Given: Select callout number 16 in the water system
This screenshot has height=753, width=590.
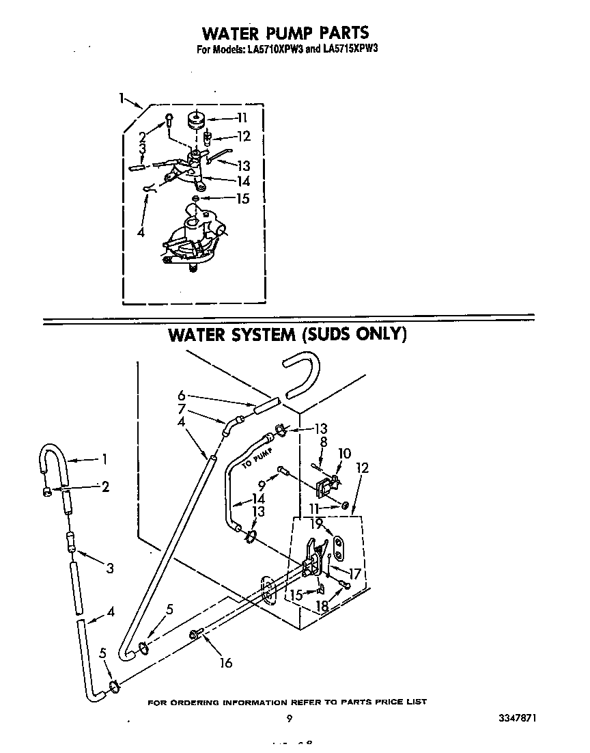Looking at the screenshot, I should tap(226, 662).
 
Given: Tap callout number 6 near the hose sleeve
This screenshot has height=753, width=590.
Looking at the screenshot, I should tap(182, 395).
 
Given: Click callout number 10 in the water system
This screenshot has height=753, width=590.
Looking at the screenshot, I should tap(344, 453).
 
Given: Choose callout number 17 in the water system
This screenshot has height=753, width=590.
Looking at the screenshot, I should tap(354, 574).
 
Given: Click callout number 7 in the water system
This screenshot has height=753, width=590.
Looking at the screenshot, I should tap(182, 408).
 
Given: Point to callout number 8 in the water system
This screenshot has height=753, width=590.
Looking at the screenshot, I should tap(324, 441).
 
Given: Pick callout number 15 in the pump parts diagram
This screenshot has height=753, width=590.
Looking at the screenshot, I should tap(242, 199).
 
